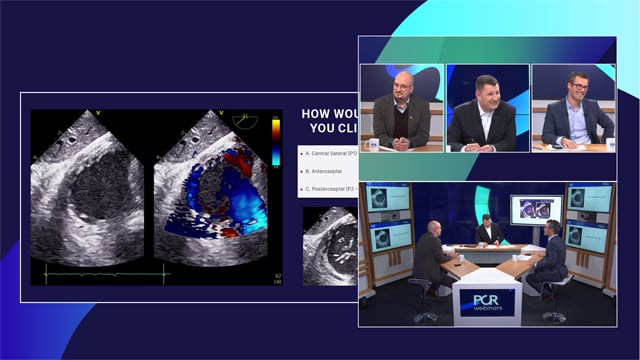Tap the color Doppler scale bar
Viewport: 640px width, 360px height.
[x=276, y=143]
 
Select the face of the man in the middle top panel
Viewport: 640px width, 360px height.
[x=486, y=91]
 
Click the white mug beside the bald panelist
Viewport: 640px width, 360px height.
[x=375, y=144]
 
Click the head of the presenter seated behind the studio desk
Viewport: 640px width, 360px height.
[x=488, y=222]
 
